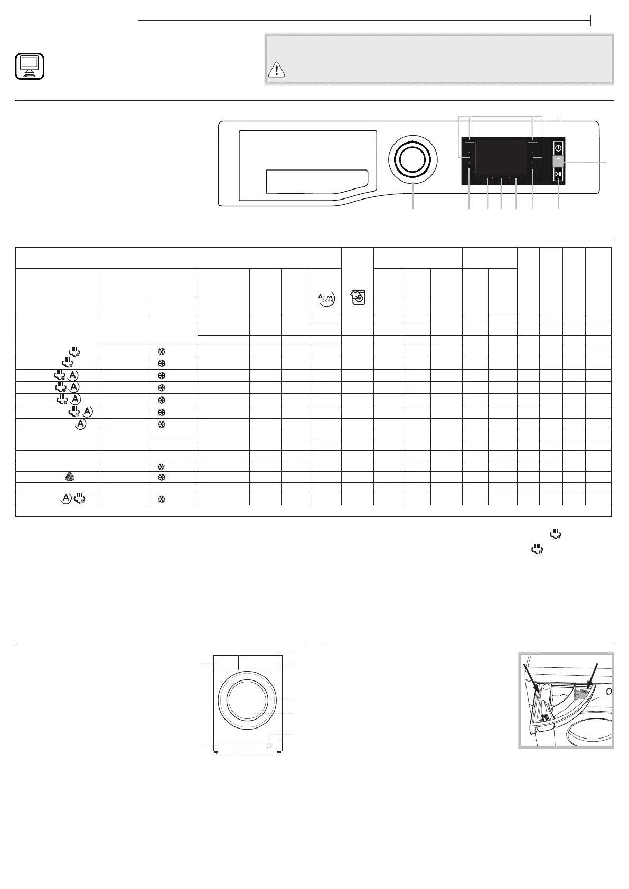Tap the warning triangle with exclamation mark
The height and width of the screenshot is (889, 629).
pos(276,70)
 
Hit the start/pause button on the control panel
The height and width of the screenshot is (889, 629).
pos(558,174)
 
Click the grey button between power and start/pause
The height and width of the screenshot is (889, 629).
pos(558,160)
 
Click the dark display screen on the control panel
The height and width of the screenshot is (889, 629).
pos(501,157)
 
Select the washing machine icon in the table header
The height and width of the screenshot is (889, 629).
pos(358,298)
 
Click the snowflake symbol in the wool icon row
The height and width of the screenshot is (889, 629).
pos(162,477)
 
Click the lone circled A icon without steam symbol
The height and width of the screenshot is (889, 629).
pos(80,424)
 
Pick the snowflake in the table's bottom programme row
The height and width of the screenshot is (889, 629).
pos(162,499)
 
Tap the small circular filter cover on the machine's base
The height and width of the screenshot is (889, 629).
pos(270,746)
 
